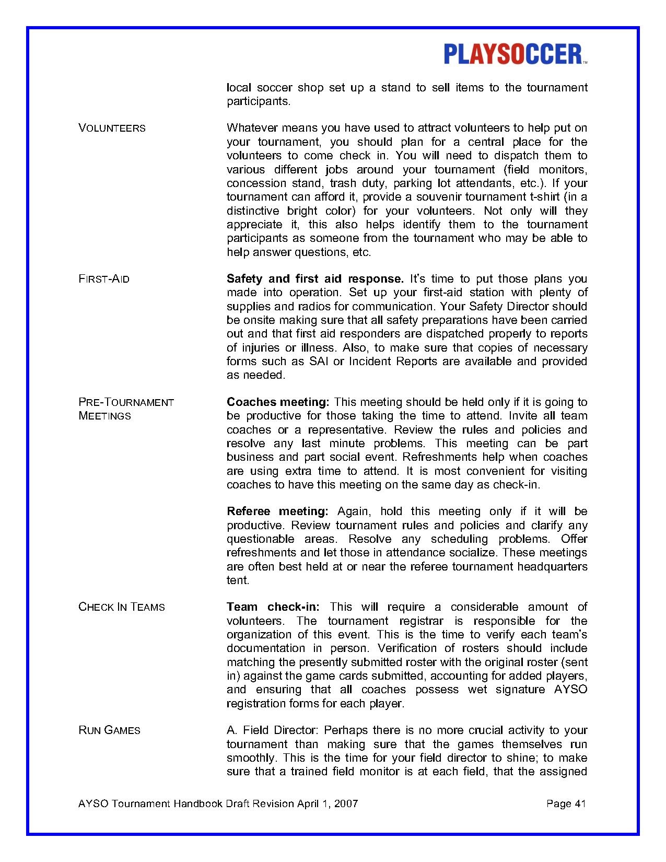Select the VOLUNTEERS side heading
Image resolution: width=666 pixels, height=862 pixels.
click(x=112, y=129)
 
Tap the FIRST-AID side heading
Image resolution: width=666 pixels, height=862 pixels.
click(x=104, y=279)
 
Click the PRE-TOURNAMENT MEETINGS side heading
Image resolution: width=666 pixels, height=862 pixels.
click(x=126, y=409)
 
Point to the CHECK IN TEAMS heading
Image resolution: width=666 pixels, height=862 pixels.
click(x=121, y=607)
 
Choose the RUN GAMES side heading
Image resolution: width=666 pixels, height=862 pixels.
click(x=109, y=730)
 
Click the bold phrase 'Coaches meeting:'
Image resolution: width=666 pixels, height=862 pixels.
click(x=277, y=402)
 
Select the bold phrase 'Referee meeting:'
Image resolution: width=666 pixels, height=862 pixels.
click(x=277, y=511)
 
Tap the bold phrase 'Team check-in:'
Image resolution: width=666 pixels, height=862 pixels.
click(x=273, y=607)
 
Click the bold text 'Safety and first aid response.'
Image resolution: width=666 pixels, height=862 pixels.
click(x=315, y=279)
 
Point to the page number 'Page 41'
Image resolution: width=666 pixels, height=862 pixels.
click(x=566, y=803)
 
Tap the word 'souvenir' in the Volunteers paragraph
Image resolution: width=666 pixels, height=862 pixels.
click(x=440, y=197)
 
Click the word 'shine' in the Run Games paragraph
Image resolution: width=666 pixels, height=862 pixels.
click(x=503, y=758)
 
